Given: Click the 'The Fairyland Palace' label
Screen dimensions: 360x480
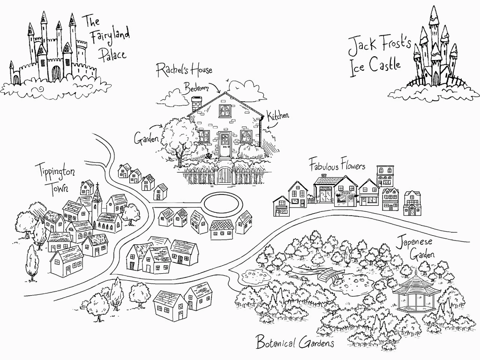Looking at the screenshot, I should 106,37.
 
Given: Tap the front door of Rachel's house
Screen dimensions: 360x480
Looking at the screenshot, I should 225,145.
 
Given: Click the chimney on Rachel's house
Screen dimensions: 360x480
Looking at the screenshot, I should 196,103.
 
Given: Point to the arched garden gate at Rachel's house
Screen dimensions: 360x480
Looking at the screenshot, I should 225,175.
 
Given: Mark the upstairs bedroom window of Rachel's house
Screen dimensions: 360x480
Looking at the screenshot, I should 225,111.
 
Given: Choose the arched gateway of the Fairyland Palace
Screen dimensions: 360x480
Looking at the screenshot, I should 56,73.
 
